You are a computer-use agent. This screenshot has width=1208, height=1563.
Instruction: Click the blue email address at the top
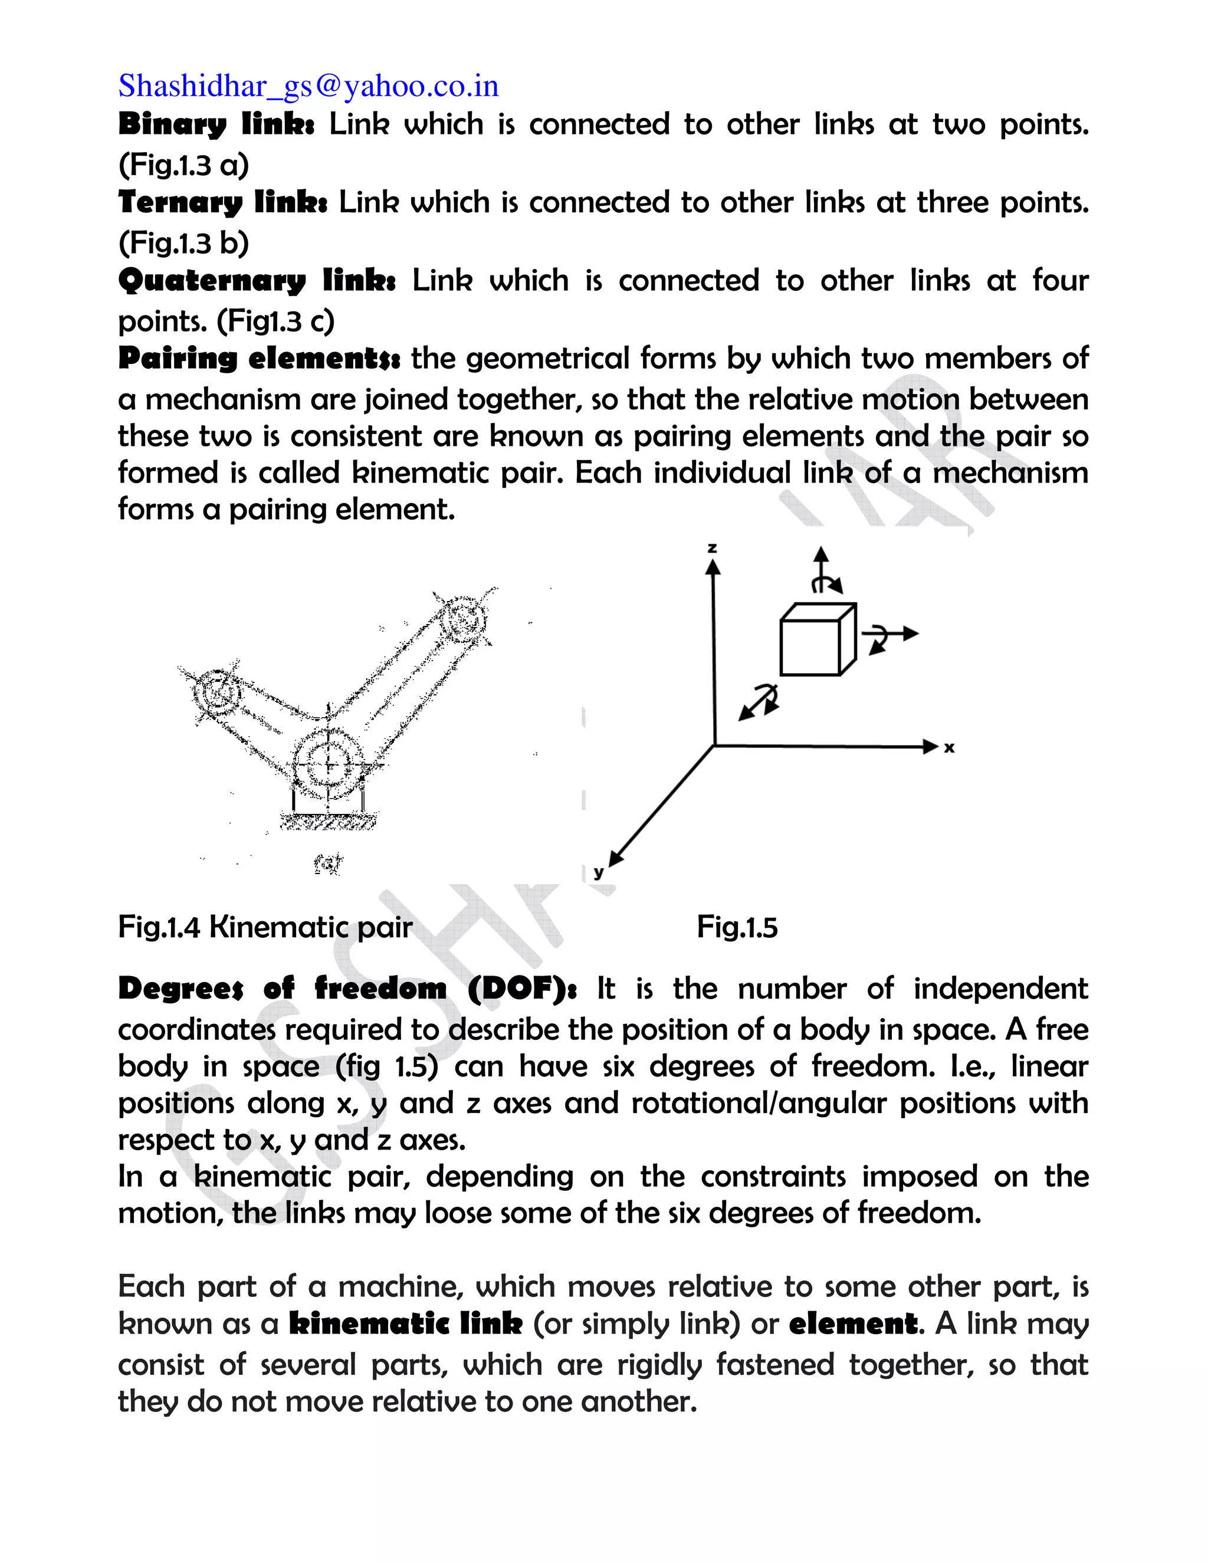[308, 86]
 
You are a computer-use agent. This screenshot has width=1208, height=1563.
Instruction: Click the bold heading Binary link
[215, 124]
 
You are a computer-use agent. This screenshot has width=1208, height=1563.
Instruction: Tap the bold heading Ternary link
[222, 202]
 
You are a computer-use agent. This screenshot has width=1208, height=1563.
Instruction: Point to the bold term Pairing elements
[258, 358]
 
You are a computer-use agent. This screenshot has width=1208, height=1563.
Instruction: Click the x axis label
[949, 748]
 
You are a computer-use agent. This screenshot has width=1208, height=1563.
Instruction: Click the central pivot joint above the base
[329, 764]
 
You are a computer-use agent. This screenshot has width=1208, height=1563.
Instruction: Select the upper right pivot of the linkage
[463, 621]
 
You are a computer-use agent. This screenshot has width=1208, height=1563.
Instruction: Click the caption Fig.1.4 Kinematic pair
[265, 928]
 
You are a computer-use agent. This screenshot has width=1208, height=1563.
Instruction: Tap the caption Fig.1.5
[737, 928]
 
